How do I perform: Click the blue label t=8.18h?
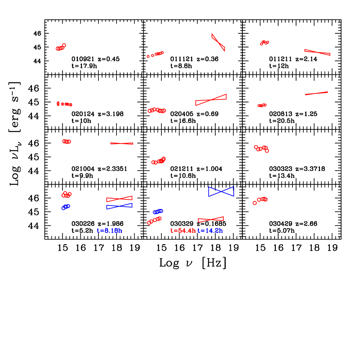(x=110, y=231)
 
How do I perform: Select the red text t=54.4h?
(x=183, y=231)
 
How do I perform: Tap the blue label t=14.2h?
(x=210, y=231)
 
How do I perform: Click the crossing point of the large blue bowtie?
(x=221, y=191)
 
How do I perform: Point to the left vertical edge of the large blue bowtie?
(x=209, y=191)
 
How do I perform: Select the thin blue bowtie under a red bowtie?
(x=119, y=206)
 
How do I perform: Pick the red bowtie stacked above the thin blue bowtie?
(x=119, y=199)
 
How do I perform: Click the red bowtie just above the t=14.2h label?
(x=211, y=219)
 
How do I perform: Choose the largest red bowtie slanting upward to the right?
(x=211, y=100)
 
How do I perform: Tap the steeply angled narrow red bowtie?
(x=218, y=42)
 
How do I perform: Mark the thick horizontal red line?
(x=122, y=143)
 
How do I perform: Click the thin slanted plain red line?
(x=317, y=93)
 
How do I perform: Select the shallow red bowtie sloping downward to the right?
(x=317, y=52)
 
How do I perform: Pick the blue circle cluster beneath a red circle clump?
(x=65, y=207)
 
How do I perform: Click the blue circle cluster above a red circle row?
(x=158, y=211)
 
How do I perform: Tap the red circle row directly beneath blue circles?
(x=154, y=221)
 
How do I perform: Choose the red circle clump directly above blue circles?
(x=66, y=194)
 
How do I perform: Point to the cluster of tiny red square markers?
(x=64, y=104)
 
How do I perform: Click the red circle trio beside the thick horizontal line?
(x=66, y=142)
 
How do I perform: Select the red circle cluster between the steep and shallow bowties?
(x=264, y=43)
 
